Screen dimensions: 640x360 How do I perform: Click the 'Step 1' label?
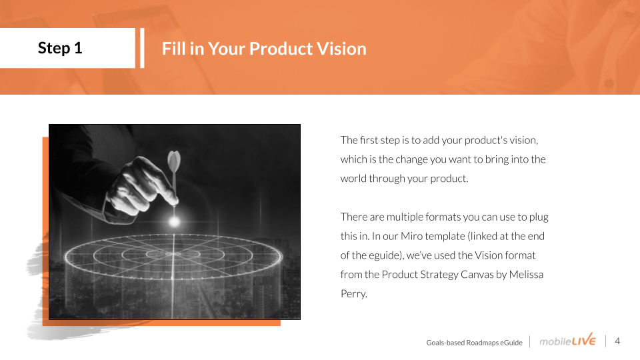tap(60, 48)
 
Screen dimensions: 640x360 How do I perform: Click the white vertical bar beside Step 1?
tap(142, 48)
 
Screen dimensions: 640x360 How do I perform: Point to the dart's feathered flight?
tap(174, 161)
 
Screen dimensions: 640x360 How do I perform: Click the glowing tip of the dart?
tap(174, 221)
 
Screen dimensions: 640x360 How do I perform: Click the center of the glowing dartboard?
tap(173, 254)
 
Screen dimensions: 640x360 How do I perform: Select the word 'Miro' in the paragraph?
tap(411, 236)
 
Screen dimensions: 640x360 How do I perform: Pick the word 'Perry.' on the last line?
tap(354, 294)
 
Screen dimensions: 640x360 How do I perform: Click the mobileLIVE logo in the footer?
tap(567, 340)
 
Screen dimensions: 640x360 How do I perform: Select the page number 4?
tap(617, 341)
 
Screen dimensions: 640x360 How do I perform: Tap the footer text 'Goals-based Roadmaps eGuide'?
tap(474, 343)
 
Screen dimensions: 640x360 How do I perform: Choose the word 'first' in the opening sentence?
tap(369, 140)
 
